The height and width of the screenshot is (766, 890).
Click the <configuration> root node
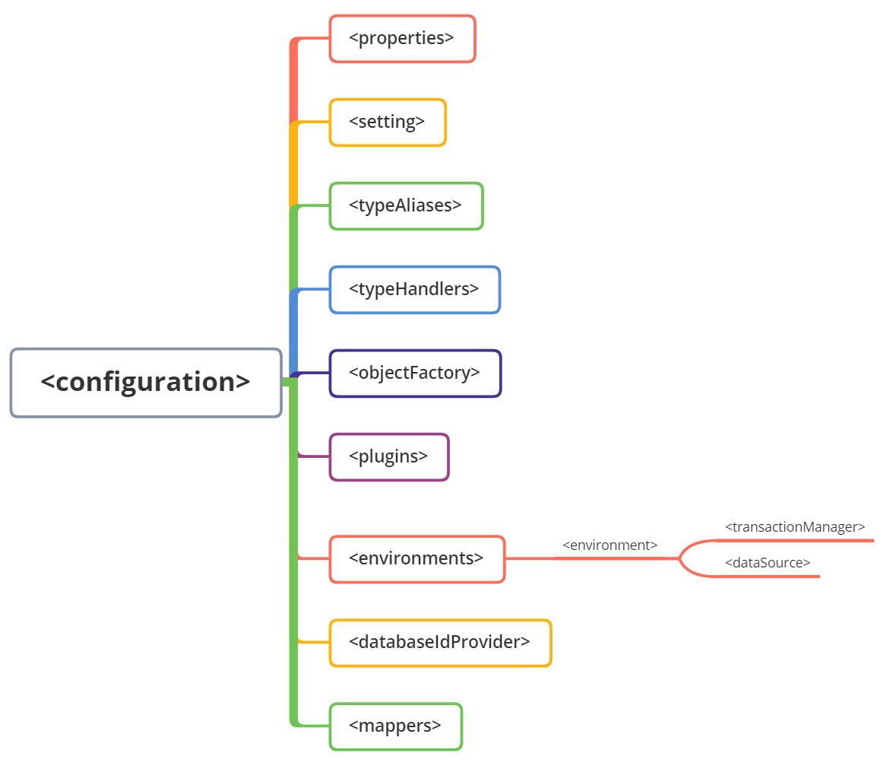pyautogui.click(x=146, y=383)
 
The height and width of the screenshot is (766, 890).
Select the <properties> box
pyautogui.click(x=402, y=38)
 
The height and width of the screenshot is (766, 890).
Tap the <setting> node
pyautogui.click(x=388, y=122)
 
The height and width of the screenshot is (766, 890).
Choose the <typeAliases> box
pyautogui.click(x=406, y=205)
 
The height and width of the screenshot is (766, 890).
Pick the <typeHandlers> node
pyautogui.click(x=414, y=289)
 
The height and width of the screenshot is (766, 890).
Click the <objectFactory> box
pyautogui.click(x=415, y=373)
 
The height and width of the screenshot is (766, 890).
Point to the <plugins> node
pyautogui.click(x=389, y=456)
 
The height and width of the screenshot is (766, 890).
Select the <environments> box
pyautogui.click(x=416, y=558)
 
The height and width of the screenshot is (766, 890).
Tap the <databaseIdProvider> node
pyautogui.click(x=440, y=643)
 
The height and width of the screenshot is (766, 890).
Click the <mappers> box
pyautogui.click(x=396, y=726)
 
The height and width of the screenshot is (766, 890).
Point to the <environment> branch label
pyautogui.click(x=610, y=545)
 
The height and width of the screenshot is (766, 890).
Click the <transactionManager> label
pyautogui.click(x=795, y=526)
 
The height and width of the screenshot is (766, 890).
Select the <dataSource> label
pyautogui.click(x=768, y=563)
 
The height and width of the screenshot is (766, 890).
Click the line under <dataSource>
pyautogui.click(x=768, y=577)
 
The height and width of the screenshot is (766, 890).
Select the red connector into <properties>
pyautogui.click(x=312, y=39)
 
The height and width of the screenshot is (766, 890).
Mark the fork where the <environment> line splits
pyautogui.click(x=680, y=558)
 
